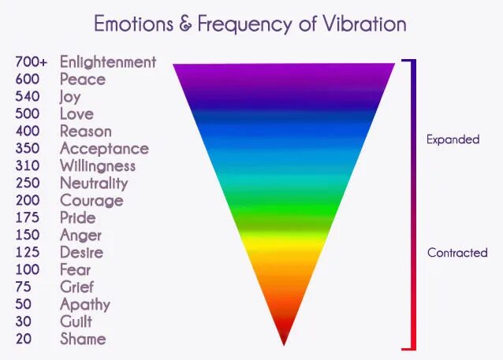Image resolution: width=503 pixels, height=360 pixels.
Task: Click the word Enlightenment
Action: tap(108, 61)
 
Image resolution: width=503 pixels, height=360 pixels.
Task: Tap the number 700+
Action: tap(32, 61)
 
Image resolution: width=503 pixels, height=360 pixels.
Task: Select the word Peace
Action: tap(82, 79)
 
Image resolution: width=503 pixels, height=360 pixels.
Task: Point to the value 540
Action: tap(28, 96)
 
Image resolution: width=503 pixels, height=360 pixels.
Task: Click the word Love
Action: tap(76, 113)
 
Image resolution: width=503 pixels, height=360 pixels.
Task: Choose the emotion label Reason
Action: tap(85, 131)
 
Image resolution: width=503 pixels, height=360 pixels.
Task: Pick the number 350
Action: tap(28, 148)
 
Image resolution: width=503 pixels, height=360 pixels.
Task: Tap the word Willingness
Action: tap(98, 165)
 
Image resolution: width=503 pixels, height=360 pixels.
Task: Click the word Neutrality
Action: tap(94, 183)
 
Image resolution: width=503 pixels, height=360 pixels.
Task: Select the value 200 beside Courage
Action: tap(28, 200)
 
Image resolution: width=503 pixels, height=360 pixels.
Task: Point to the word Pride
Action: tap(77, 217)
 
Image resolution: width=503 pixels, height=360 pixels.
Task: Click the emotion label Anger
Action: tap(80, 235)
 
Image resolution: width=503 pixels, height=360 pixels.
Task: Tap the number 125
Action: tap(28, 252)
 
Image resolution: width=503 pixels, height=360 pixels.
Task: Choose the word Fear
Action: tap(76, 269)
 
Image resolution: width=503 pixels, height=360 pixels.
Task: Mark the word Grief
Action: tap(76, 287)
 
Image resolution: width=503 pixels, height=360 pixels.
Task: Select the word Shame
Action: tap(82, 339)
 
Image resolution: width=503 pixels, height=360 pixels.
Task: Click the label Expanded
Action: tap(453, 139)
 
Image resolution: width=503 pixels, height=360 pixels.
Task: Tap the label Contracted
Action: tap(457, 253)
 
